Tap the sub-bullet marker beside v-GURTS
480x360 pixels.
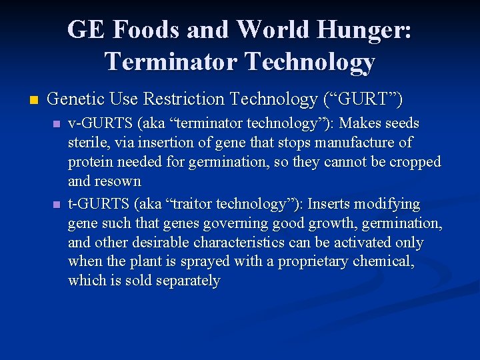click(x=57, y=125)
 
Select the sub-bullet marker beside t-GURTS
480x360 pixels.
click(x=57, y=205)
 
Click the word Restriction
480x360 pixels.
click(x=180, y=100)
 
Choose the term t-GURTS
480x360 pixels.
click(x=94, y=204)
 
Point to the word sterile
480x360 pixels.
click(x=87, y=143)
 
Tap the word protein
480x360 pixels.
click(x=90, y=162)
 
